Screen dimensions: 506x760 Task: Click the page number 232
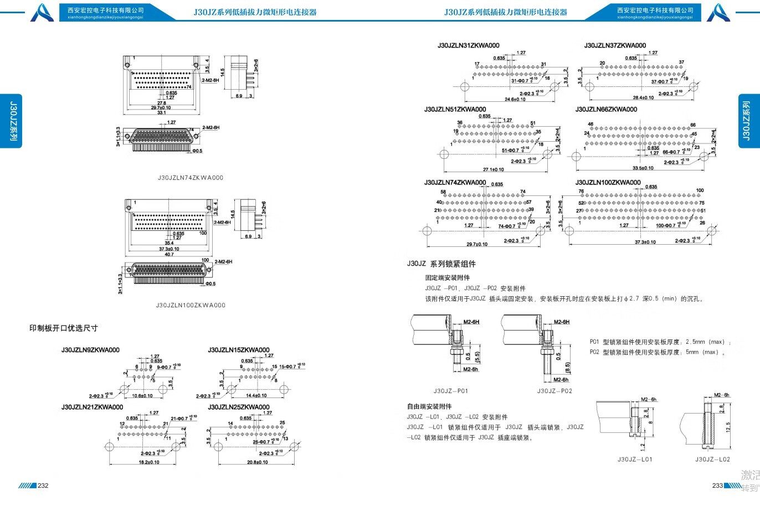point(43,486)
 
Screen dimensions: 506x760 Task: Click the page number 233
point(717,486)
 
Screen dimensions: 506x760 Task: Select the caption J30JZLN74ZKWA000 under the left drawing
point(191,178)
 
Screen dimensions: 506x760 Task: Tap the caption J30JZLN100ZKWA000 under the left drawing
point(191,305)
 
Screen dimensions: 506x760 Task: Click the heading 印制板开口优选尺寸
point(64,328)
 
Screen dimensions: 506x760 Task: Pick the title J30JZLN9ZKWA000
point(90,350)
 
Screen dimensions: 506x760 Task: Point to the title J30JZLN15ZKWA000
point(239,350)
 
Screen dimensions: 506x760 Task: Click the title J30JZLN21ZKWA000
point(92,407)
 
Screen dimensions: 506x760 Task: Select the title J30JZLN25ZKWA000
point(239,407)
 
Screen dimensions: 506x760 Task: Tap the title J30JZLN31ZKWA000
point(468,45)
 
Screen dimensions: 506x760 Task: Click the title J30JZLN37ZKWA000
point(615,45)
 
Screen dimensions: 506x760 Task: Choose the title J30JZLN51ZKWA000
point(455,109)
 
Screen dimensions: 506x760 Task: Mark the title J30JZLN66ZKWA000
point(606,109)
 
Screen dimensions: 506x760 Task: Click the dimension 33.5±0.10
point(643,168)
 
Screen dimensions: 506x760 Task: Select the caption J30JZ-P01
point(450,391)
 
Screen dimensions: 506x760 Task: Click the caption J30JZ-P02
point(554,391)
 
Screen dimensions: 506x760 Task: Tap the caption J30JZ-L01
point(635,459)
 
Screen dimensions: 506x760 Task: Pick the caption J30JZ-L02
point(713,459)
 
